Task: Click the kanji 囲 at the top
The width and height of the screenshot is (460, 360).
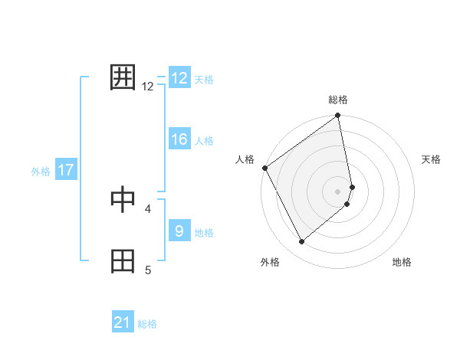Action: [x=123, y=77]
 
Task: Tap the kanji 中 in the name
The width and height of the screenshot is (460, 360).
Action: [x=123, y=199]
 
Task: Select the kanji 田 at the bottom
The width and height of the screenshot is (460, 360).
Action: [x=123, y=260]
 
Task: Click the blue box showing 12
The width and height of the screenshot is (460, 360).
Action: [x=179, y=78]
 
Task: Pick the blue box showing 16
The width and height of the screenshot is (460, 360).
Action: [x=179, y=139]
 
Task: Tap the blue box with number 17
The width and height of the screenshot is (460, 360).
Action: [x=66, y=170]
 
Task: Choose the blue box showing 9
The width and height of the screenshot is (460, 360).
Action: [x=179, y=231]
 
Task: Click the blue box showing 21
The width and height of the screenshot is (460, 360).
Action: [x=123, y=322]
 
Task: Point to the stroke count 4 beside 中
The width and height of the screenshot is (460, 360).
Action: [x=148, y=208]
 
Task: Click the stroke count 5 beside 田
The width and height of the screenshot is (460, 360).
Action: [x=148, y=269]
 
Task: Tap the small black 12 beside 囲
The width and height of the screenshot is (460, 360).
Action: [x=148, y=87]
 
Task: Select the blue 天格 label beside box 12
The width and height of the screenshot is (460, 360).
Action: [x=204, y=80]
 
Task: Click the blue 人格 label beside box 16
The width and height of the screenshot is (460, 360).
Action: [x=204, y=141]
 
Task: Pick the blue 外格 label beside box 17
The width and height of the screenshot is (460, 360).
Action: [x=41, y=172]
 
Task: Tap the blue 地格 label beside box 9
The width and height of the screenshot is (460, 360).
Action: [x=204, y=233]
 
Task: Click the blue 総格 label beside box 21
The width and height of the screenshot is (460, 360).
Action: [x=147, y=324]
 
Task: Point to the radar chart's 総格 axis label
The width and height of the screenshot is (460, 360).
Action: [x=338, y=100]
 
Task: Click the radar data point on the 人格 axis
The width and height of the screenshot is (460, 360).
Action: [x=264, y=168]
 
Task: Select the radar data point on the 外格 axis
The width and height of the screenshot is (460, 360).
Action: [x=301, y=242]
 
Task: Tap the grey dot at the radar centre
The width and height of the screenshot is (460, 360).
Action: [x=338, y=191]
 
